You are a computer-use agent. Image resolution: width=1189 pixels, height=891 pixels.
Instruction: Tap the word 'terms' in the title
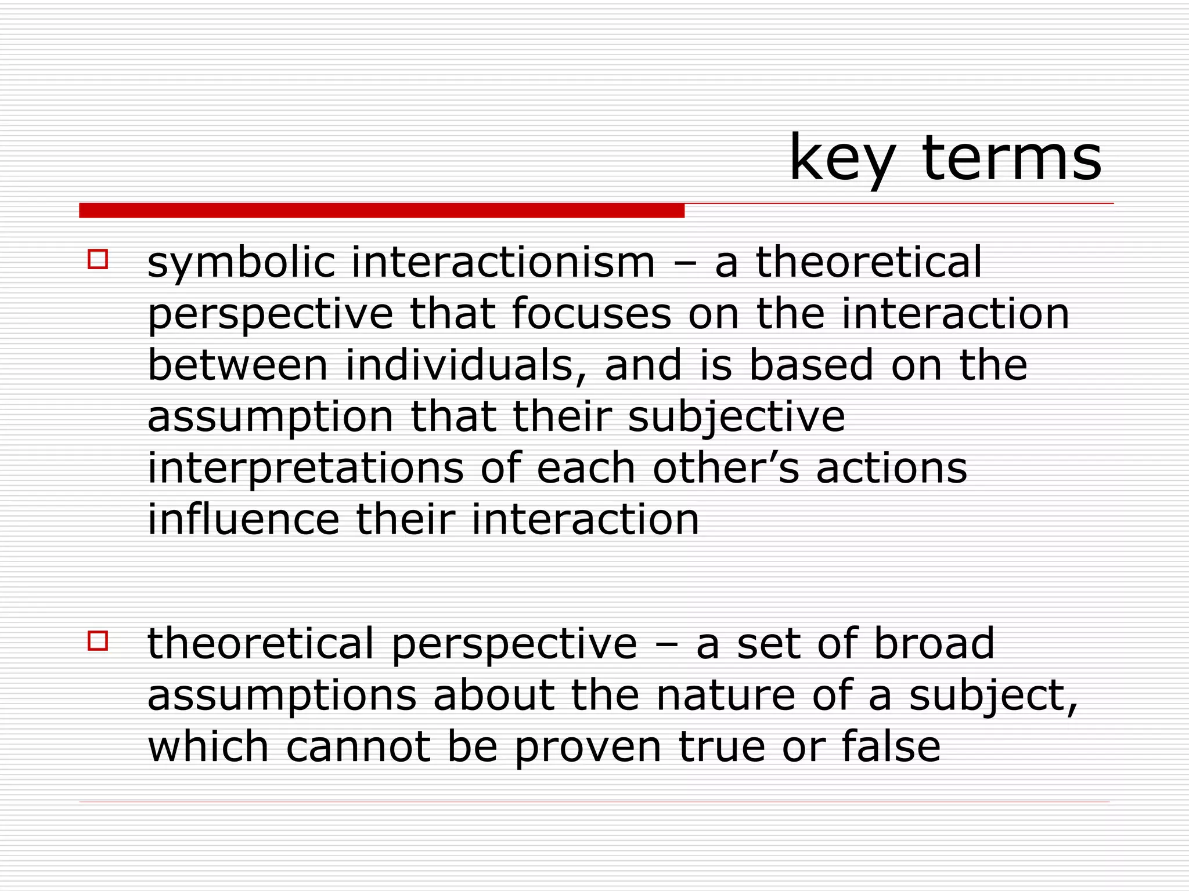[x=1011, y=158]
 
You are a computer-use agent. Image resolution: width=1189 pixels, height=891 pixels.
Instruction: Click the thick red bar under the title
[x=381, y=211]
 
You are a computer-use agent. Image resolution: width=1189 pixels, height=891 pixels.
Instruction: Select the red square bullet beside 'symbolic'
[x=98, y=259]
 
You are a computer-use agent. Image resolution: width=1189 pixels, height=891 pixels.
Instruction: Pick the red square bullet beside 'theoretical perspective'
[x=98, y=640]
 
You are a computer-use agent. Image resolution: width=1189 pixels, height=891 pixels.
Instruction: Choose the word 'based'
[x=811, y=365]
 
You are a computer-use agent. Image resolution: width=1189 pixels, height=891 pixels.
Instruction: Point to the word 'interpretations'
[x=305, y=469]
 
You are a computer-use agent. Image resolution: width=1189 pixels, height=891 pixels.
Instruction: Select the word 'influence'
[x=243, y=519]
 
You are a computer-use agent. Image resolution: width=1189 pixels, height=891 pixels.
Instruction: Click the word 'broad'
[x=934, y=643]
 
